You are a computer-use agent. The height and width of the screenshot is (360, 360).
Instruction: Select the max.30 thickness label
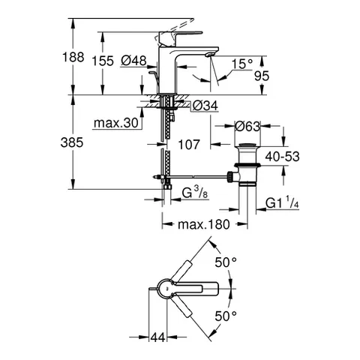[118, 123]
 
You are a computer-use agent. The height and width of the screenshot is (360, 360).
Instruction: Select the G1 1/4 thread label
[283, 203]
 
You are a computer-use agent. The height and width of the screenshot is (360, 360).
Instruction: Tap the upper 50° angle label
[226, 262]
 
